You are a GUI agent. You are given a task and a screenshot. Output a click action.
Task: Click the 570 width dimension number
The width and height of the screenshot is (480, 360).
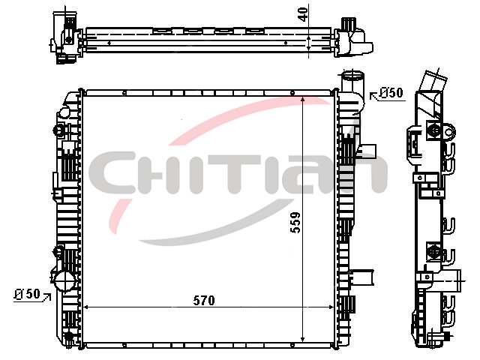(x=204, y=301)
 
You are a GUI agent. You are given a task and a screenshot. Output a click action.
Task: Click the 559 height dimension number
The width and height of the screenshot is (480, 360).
(x=295, y=223)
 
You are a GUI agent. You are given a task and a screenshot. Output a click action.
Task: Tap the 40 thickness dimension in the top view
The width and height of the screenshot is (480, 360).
(x=303, y=14)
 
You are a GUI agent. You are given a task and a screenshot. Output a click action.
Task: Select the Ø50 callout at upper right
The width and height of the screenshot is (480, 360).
(x=391, y=93)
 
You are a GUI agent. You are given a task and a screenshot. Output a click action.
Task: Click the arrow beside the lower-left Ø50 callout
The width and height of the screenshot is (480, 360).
(x=46, y=296)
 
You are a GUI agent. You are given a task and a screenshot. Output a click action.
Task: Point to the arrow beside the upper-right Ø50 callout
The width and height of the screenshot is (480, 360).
(x=374, y=96)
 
